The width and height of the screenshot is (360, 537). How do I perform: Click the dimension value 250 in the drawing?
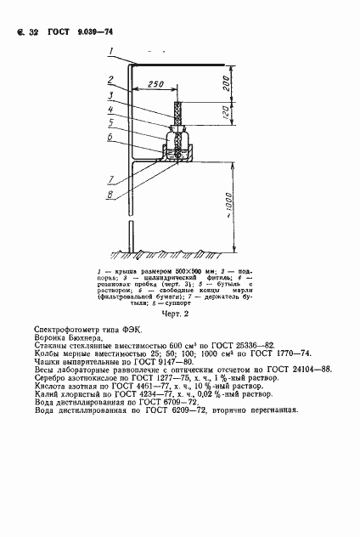(155, 85)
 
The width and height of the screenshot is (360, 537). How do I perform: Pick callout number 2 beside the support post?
(110, 81)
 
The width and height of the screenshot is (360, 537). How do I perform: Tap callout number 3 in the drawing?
(110, 95)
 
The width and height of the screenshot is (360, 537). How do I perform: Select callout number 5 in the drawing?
(110, 122)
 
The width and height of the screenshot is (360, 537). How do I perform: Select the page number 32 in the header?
(34, 31)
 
